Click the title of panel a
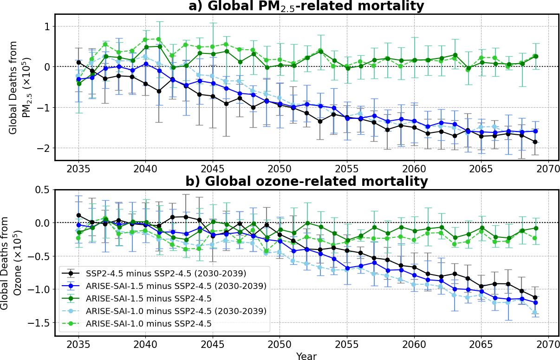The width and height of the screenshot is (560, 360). (x=306, y=7)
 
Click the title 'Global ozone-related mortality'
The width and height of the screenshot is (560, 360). (x=306, y=182)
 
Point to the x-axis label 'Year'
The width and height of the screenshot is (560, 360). (x=306, y=356)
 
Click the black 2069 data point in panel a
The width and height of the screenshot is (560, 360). (x=535, y=142)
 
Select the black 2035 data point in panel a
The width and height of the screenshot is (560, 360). (x=78, y=62)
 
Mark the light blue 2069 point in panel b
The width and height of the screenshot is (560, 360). (x=535, y=313)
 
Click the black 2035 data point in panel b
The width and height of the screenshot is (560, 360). (x=78, y=216)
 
